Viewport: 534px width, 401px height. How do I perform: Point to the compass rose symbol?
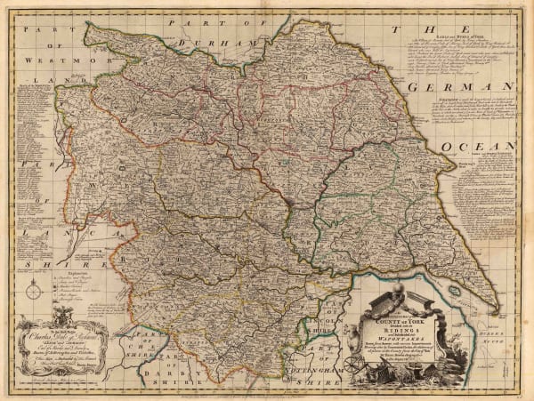click(33, 291)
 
